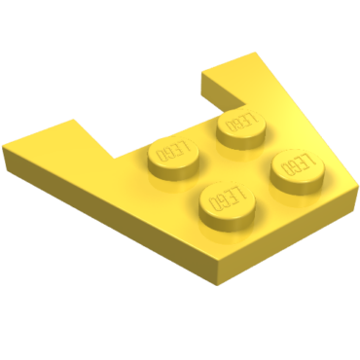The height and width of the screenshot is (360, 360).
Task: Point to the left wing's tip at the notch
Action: [x=75, y=122]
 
